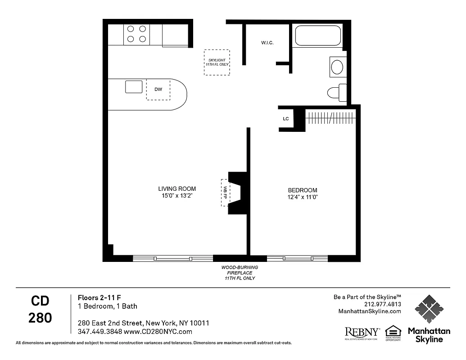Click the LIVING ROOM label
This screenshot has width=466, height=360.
pyautogui.click(x=177, y=189)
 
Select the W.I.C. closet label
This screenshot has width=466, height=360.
pyautogui.click(x=267, y=43)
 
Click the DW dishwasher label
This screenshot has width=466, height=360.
pyautogui.click(x=158, y=89)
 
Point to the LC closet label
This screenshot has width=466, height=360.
pyautogui.click(x=285, y=119)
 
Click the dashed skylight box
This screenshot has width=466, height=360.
pyautogui.click(x=217, y=62)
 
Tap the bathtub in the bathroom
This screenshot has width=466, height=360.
pyautogui.click(x=317, y=36)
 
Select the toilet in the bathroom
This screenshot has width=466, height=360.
pyautogui.click(x=336, y=93)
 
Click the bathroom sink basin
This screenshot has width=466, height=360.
pyautogui.click(x=337, y=67)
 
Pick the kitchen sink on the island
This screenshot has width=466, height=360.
pyautogui.click(x=134, y=86)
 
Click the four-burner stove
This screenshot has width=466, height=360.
pyautogui.click(x=137, y=34)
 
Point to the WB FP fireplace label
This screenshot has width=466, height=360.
pyautogui.click(x=225, y=193)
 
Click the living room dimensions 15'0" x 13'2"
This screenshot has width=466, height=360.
pyautogui.click(x=177, y=196)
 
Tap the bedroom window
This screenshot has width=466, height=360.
pyautogui.click(x=297, y=258)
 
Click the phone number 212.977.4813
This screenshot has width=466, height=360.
pyautogui.click(x=384, y=304)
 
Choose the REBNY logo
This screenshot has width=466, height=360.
pyautogui.click(x=362, y=332)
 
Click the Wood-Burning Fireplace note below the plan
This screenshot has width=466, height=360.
pyautogui.click(x=239, y=273)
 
